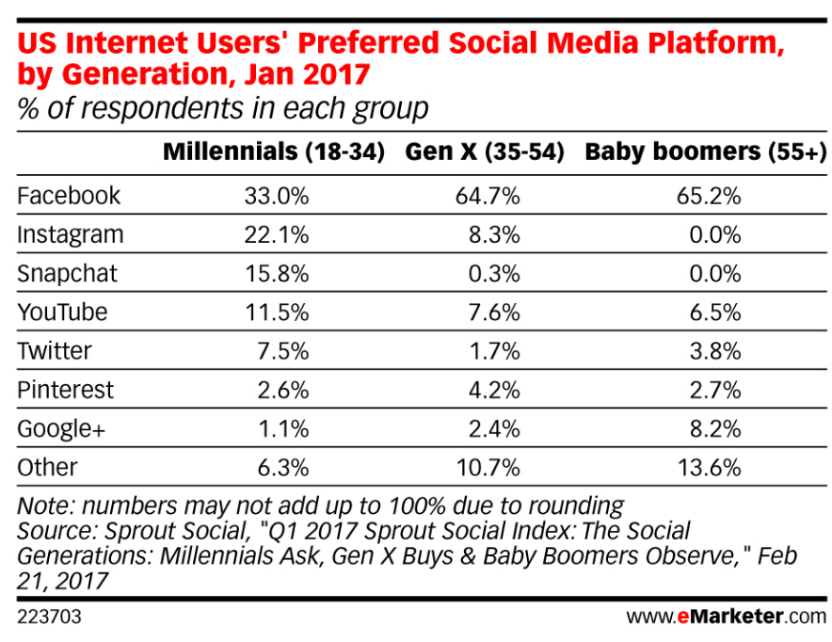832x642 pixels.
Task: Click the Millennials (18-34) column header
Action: tap(274, 153)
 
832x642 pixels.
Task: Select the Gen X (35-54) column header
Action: tap(484, 153)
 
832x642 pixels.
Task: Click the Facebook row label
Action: tap(70, 196)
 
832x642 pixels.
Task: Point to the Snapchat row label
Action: tap(68, 273)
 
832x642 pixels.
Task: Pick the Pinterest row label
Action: tap(66, 390)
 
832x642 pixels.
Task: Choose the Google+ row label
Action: tap(62, 428)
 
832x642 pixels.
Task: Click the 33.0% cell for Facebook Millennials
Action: tap(278, 196)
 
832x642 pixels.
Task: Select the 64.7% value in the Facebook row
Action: tap(489, 196)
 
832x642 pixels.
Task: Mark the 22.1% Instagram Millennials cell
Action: tap(278, 234)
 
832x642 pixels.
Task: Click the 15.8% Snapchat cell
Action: tap(278, 273)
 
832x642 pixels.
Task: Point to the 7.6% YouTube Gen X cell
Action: tap(496, 312)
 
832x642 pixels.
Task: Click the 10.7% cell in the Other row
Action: tap(489, 467)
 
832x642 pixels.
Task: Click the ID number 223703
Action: tap(44, 618)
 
